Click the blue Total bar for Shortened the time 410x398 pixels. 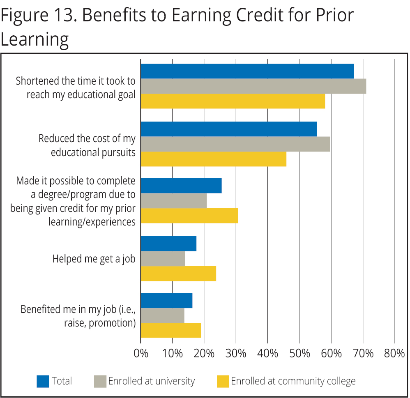(x=247, y=71)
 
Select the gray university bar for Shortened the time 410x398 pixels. (x=253, y=86)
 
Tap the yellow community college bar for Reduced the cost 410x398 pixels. (x=213, y=159)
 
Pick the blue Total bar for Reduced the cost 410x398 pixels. (x=228, y=129)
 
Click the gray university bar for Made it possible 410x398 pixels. (x=173, y=201)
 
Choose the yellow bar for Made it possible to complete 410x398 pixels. (x=189, y=216)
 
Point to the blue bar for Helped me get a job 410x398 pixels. (x=168, y=244)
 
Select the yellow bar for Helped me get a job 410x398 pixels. (x=178, y=274)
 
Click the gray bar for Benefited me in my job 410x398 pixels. (x=162, y=315)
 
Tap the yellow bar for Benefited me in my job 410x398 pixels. (x=170, y=330)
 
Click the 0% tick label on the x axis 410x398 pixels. (x=141, y=353)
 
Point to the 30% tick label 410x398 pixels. (x=236, y=353)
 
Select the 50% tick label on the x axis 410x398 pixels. (x=299, y=353)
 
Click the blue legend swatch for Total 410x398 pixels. (x=43, y=381)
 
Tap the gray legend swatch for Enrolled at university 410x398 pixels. (x=100, y=381)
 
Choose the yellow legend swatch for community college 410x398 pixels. (x=223, y=381)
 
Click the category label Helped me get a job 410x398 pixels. (x=94, y=259)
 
